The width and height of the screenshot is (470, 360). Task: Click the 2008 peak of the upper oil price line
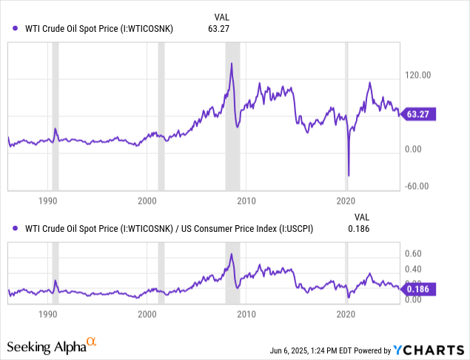coord(232,64)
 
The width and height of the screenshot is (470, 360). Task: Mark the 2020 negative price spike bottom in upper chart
coord(349,176)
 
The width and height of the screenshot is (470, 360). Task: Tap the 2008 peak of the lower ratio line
coord(232,254)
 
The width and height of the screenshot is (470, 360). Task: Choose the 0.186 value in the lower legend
coord(357,229)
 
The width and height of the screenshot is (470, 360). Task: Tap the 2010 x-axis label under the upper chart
coord(246,201)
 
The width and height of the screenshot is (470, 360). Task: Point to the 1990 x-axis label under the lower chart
coord(48,313)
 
